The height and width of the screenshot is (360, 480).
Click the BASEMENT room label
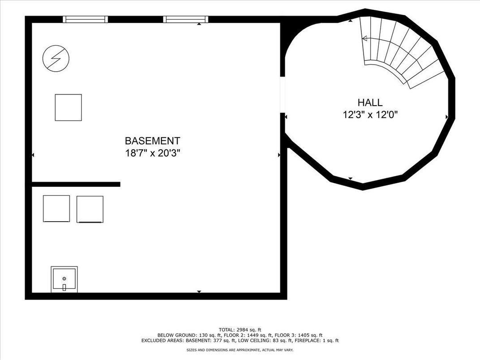[x=152, y=141]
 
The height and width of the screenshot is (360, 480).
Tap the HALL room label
[x=370, y=102]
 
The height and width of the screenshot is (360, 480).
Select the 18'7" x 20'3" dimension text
[x=152, y=153]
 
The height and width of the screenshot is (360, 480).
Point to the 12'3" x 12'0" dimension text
[x=370, y=115]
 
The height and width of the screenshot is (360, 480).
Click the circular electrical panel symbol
[x=56, y=59]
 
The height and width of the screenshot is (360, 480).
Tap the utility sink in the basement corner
[x=64, y=279]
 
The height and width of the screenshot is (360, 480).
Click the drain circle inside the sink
[x=64, y=278]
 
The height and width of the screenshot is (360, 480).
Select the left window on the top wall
[x=86, y=19]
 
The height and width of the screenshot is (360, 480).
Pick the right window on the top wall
[x=185, y=19]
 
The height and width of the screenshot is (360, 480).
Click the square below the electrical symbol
[x=68, y=107]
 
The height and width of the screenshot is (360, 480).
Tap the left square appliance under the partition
[x=56, y=209]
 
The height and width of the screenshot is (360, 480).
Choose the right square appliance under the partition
[x=90, y=210]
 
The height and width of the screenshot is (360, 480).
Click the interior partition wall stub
[x=76, y=184]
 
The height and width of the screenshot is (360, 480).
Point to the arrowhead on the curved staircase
[x=364, y=39]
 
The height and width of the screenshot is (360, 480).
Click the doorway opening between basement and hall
[x=283, y=94]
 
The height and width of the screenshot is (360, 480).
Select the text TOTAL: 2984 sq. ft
[x=240, y=330]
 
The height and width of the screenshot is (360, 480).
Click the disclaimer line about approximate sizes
[x=240, y=350]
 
